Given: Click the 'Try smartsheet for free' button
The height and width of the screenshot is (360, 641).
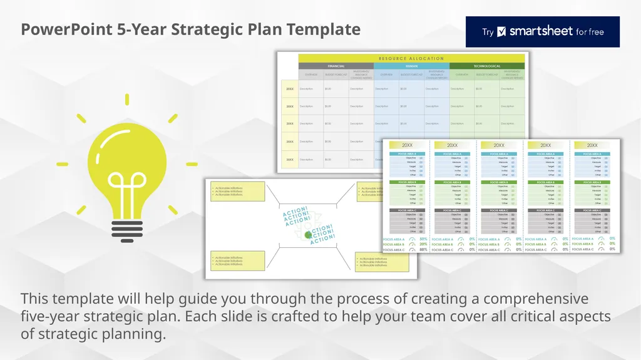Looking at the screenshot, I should click(542, 32).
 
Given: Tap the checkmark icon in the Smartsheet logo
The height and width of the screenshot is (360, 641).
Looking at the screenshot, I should click(501, 32).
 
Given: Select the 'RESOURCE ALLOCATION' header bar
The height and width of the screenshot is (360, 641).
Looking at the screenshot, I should click(411, 58).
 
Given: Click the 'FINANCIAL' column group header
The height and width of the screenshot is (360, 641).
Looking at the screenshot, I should click(336, 66).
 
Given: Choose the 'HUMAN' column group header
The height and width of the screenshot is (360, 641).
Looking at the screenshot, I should click(411, 66).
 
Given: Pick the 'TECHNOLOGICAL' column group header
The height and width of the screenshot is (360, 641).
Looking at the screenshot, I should click(486, 66).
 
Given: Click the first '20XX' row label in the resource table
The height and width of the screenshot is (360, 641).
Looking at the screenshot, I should click(290, 89).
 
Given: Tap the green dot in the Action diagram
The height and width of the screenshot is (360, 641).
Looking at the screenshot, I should click(307, 234).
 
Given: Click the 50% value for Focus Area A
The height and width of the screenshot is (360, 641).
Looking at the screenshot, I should click(424, 239).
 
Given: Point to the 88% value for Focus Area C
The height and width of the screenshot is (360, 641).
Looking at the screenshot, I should click(424, 250).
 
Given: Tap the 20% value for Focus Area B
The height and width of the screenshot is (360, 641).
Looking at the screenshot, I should click(424, 245).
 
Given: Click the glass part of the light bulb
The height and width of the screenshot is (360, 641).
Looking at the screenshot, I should click(128, 157).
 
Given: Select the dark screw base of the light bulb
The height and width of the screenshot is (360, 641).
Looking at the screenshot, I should click(128, 216).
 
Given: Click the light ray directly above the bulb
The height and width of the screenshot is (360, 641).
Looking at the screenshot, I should click(127, 99).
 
